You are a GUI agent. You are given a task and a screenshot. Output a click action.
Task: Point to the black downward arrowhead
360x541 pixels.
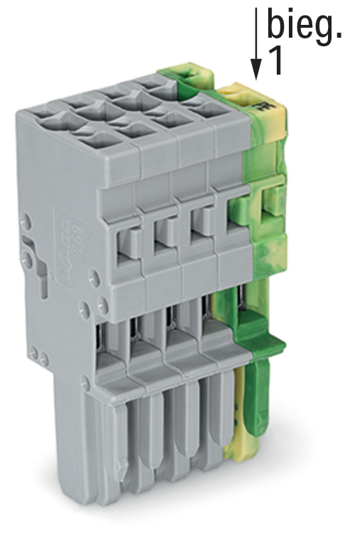255,68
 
